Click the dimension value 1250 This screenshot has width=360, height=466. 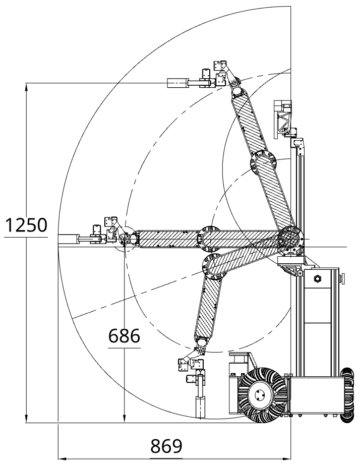[26, 225]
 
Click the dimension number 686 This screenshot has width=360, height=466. [124, 336]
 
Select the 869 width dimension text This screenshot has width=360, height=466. [166, 446]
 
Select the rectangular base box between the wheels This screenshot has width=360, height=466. [314, 395]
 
